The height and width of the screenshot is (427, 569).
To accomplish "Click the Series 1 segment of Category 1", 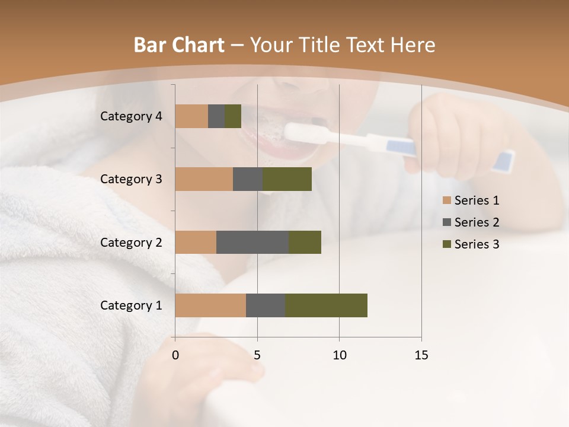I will pos(210,305).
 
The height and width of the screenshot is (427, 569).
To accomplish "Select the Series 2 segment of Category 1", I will pos(266,305).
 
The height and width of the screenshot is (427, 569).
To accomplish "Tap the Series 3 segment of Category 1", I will pos(326,305).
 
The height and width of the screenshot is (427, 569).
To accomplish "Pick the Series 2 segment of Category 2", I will pos(252,242).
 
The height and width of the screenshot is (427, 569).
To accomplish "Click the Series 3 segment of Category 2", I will pos(305,242).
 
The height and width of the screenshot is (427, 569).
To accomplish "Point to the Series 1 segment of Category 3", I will pos(204,179).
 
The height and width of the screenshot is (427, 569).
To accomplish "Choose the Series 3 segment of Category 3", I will pos(287,179).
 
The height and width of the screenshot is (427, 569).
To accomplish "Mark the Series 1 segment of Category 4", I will pos(191,116).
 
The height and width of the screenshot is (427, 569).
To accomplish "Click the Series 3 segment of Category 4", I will pos(233,116).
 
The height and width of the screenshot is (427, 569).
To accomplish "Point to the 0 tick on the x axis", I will pos(175,355).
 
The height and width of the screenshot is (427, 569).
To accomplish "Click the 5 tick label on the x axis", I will pos(257,355).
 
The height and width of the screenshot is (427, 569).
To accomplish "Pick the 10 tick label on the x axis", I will pos(339,355).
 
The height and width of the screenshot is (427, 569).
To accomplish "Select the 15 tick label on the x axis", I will pos(421,355).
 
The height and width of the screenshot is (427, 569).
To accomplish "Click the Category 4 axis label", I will pos(131,116).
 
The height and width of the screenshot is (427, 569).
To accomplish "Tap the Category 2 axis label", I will pos(131,242).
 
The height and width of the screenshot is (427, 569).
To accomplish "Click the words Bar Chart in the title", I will pos(179,45).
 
